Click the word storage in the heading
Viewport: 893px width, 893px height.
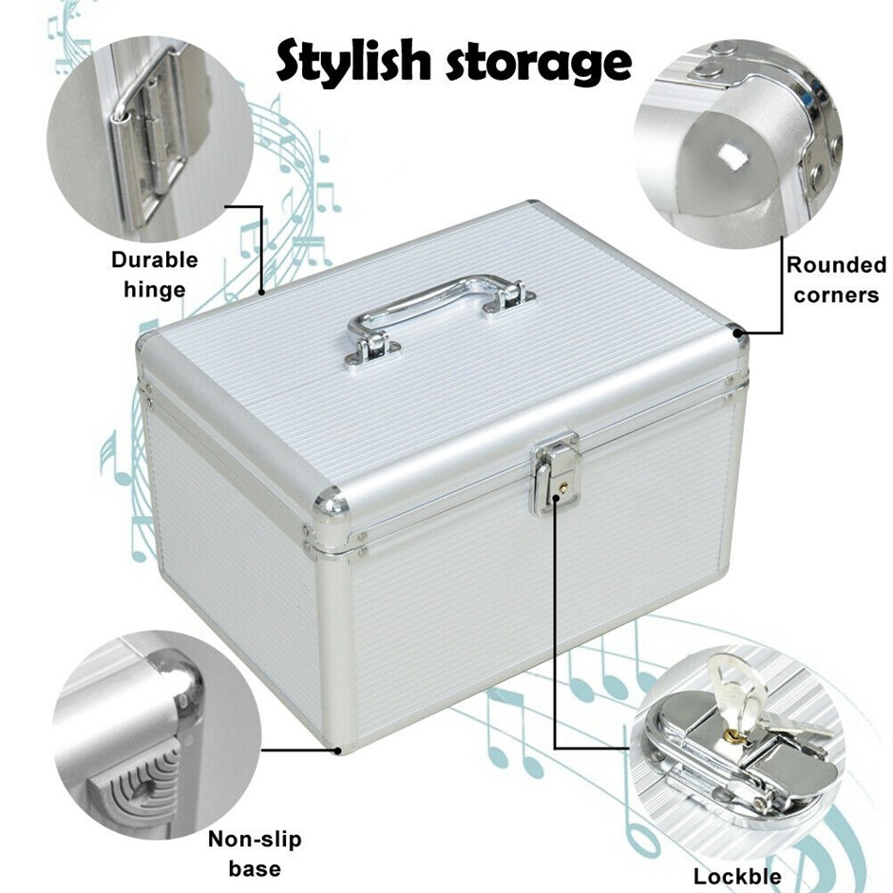(x=539, y=64)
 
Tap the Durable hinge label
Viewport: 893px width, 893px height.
(x=155, y=275)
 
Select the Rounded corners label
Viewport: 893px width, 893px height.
(x=836, y=279)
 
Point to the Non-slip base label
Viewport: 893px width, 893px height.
(x=255, y=854)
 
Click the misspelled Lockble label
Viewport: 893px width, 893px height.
(x=737, y=875)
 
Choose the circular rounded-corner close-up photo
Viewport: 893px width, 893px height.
(x=739, y=144)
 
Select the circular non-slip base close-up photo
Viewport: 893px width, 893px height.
(x=157, y=734)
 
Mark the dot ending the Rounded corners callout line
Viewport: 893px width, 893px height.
(x=739, y=333)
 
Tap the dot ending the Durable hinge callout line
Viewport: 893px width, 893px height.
(x=262, y=293)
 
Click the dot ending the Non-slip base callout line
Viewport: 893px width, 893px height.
(x=338, y=750)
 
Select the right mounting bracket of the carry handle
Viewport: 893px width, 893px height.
(x=510, y=299)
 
